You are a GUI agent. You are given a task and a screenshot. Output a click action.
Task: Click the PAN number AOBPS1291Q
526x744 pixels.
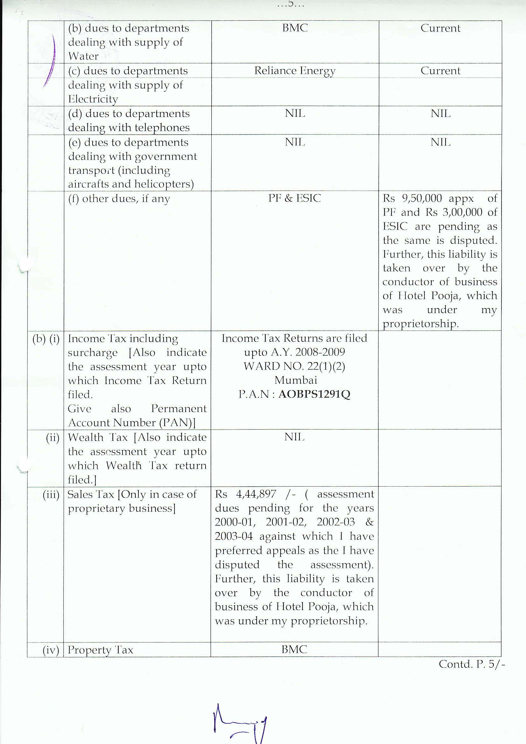(x=314, y=394)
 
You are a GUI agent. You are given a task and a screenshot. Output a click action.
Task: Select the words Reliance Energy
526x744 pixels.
(x=295, y=71)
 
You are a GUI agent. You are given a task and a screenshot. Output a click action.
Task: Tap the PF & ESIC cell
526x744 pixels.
(x=295, y=198)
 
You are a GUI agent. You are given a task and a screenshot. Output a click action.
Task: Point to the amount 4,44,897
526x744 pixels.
(x=256, y=494)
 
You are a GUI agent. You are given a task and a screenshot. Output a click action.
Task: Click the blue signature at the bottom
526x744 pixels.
(x=240, y=723)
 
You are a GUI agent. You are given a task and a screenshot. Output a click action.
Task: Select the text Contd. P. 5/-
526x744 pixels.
(x=472, y=664)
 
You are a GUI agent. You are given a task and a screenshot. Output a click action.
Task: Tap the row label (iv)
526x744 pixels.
(x=51, y=650)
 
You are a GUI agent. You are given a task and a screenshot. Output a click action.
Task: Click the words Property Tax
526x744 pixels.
(x=101, y=650)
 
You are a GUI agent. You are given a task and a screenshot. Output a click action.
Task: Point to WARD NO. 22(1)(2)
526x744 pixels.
(x=294, y=366)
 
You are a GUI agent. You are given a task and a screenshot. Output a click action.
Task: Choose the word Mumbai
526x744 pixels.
(x=296, y=380)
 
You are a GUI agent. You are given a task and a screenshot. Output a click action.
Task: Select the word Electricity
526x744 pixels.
(x=93, y=99)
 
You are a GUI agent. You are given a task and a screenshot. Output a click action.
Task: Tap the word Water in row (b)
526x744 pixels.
(x=83, y=56)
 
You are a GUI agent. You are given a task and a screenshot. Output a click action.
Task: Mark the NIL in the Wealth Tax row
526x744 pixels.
(x=294, y=437)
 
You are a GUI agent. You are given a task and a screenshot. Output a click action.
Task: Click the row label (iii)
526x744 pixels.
(x=51, y=495)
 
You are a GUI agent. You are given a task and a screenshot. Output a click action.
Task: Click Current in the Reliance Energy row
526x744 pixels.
(x=440, y=71)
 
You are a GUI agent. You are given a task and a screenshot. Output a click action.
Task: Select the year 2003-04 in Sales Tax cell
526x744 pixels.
(x=234, y=536)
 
